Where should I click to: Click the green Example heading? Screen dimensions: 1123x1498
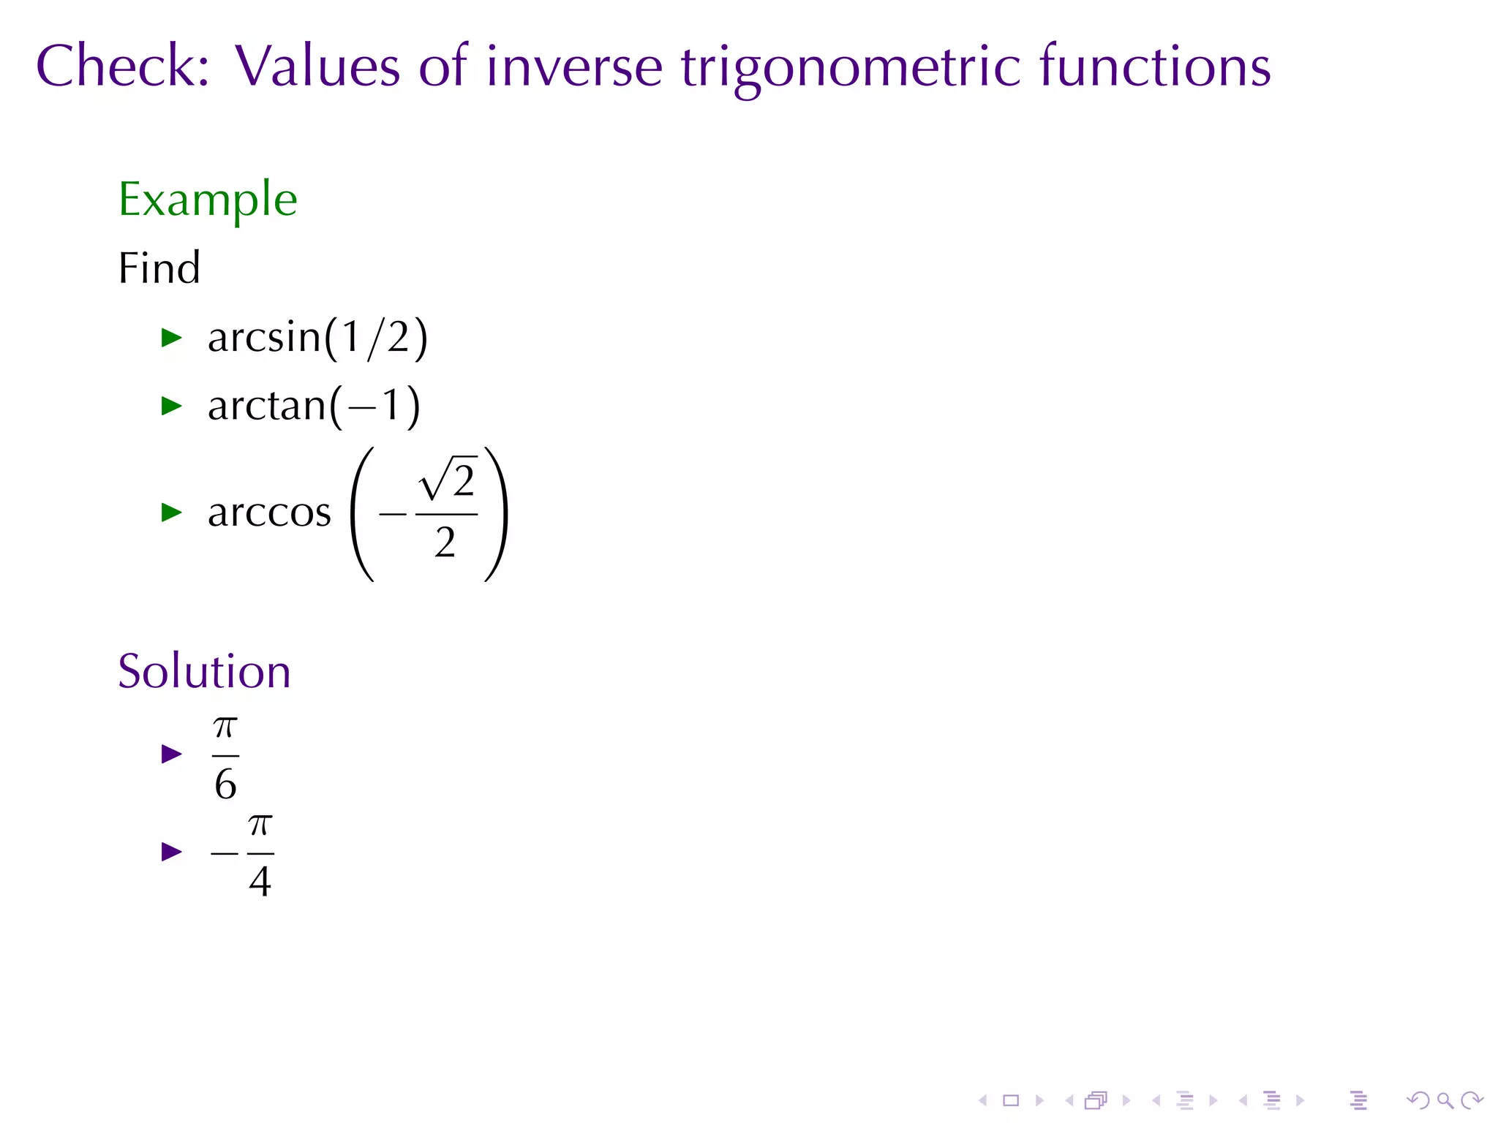tap(208, 199)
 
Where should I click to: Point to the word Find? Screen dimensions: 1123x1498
tap(159, 268)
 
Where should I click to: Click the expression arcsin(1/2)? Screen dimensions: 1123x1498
tap(317, 338)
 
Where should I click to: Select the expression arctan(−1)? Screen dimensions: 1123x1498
tap(314, 406)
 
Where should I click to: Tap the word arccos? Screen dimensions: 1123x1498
tap(269, 512)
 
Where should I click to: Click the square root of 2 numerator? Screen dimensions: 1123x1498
tap(448, 480)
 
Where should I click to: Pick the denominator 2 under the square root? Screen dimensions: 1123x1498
tap(445, 542)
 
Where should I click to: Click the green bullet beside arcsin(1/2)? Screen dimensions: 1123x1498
tap(171, 338)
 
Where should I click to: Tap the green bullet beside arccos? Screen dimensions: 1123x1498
tap(171, 512)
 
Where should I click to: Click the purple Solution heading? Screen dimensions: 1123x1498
tap(204, 671)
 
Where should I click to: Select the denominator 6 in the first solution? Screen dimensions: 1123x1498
tap(225, 784)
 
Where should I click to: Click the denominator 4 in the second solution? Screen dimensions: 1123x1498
tap(260, 880)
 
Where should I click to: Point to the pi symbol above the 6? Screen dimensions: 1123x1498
tap(225, 727)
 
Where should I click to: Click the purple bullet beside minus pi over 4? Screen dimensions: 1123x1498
tap(171, 852)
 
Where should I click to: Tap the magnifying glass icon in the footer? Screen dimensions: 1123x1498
tap(1445, 1100)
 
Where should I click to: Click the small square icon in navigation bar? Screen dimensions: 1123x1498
tap(1011, 1100)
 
